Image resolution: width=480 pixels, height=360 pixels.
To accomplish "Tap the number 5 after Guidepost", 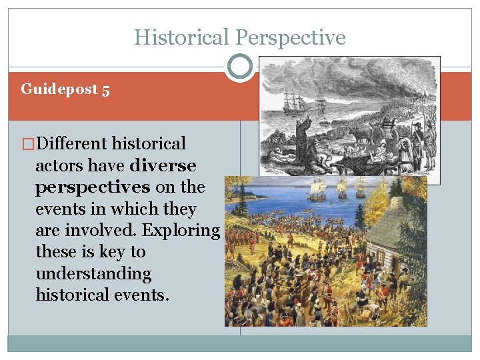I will click(105, 89).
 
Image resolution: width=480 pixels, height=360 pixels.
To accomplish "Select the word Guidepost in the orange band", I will click(59, 89).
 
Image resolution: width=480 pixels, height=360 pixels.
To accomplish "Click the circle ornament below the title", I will click(239, 67).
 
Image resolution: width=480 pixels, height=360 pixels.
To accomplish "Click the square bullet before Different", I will click(28, 144).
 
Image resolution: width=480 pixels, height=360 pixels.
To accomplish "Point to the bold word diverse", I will click(164, 165).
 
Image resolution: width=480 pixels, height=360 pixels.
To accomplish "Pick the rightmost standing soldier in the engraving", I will click(430, 137).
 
